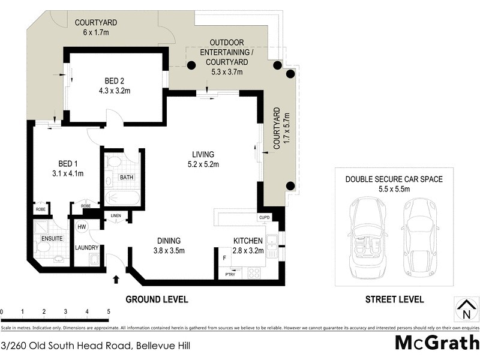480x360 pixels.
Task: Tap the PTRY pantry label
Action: coord(230,274)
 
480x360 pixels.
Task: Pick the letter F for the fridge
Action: coord(224,257)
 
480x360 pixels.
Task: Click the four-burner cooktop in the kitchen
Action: coord(253,272)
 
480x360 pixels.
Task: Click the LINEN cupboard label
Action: coord(116,216)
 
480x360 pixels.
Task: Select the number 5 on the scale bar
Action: coord(109,311)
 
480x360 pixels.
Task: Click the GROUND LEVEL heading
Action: coord(156,299)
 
